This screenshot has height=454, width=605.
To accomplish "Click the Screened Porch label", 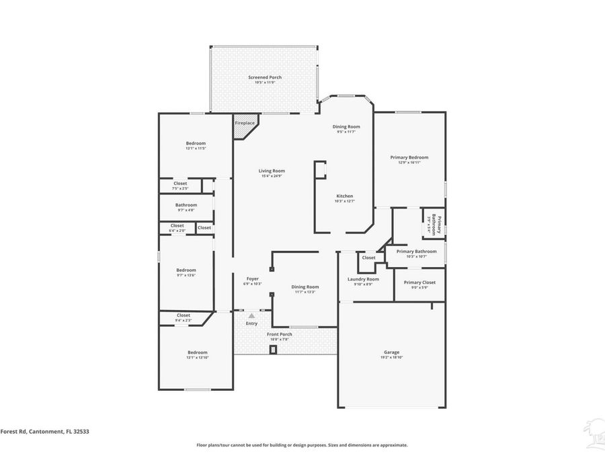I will pos(265,77).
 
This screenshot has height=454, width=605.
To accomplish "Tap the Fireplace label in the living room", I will pos(245,123).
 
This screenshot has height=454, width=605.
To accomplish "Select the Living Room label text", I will pos(272,171).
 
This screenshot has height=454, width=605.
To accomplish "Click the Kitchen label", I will pos(345,196).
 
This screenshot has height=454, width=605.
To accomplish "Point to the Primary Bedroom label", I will pos(409,157).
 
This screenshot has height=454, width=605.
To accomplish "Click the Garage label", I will pos(391,352).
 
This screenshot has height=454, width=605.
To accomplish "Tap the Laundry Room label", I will pos(363,279).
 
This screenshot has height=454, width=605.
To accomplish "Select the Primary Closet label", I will pos(419,282).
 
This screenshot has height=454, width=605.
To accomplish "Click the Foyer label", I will pos(252,278).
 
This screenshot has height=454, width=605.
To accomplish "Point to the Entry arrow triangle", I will pos(252,315).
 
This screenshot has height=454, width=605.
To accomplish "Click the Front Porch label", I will pos(279,334).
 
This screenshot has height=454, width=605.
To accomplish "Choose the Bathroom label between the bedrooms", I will pos(186,205).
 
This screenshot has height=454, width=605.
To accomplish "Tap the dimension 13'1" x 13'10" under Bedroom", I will pos(197,358).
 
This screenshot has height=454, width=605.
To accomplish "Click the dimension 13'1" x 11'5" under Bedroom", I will pos(196,148).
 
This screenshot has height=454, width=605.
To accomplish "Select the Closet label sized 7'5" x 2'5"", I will pos(180,184).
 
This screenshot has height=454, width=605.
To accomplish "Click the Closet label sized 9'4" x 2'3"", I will pos(184,315).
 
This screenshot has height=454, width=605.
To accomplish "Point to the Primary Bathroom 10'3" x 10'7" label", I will pos(416,252).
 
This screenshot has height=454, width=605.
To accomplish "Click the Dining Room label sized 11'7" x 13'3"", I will pos(305,287).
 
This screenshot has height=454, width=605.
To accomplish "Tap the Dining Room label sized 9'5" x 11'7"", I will pos(346,126).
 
